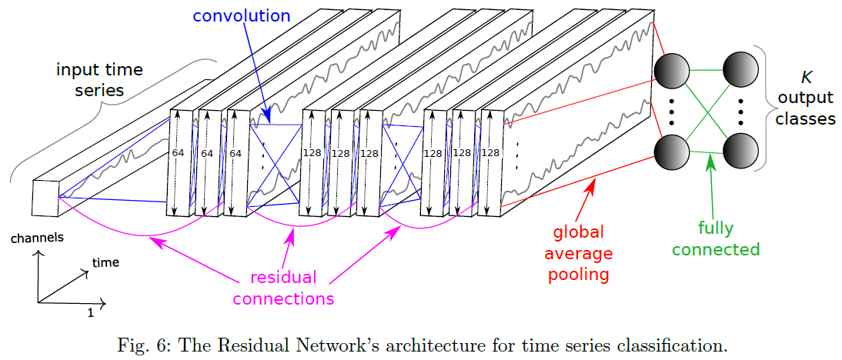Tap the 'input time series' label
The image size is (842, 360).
point(100,79)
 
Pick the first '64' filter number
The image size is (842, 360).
point(178,153)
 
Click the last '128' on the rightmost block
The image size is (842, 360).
point(489,153)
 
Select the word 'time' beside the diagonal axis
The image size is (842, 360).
point(105,262)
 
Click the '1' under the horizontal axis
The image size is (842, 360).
point(90,314)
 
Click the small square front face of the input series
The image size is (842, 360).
point(45,198)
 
